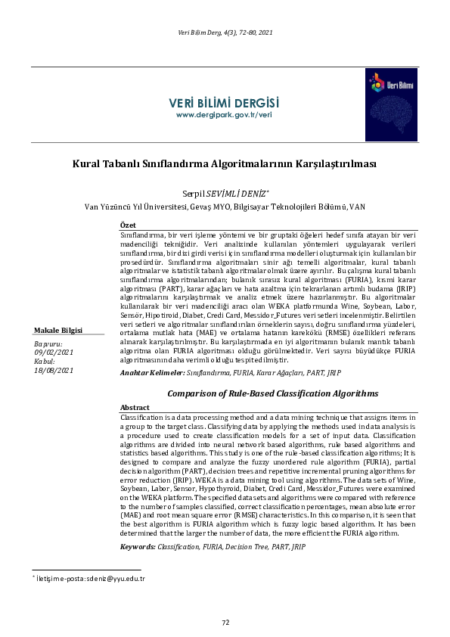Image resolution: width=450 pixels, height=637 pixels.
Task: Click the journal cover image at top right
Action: pyautogui.click(x=391, y=95)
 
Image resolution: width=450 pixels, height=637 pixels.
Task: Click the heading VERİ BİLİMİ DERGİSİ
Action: pyautogui.click(x=223, y=102)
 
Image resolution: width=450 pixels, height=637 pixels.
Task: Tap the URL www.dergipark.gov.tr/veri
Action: pyautogui.click(x=223, y=115)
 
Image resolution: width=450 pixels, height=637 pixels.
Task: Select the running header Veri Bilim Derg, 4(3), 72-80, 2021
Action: pyautogui.click(x=225, y=33)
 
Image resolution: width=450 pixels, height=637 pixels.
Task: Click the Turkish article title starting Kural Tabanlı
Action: pyautogui.click(x=225, y=163)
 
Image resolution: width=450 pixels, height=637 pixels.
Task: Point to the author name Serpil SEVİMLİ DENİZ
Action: pyautogui.click(x=225, y=194)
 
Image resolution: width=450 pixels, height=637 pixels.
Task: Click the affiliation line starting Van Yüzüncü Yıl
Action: pyautogui.click(x=225, y=206)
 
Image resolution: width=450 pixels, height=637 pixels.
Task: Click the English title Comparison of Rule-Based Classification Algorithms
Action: pyautogui.click(x=272, y=393)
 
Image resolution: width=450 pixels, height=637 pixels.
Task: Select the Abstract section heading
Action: pyautogui.click(x=135, y=407)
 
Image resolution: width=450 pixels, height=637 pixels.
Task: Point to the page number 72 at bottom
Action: pyautogui.click(x=225, y=622)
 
